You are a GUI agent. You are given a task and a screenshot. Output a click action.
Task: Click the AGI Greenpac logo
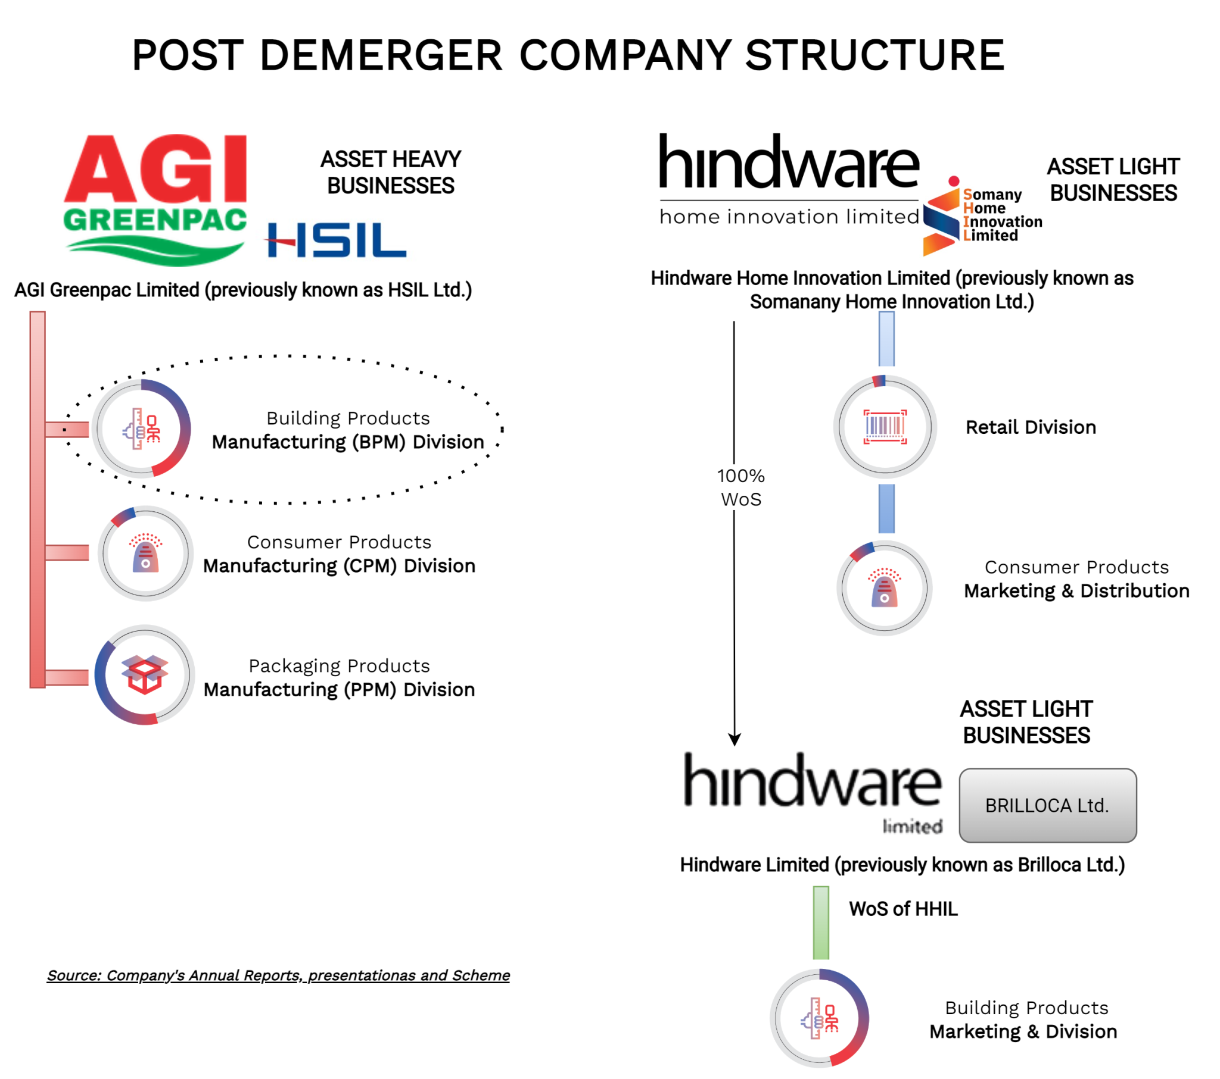155,199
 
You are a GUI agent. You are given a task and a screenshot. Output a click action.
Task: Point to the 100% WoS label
740,487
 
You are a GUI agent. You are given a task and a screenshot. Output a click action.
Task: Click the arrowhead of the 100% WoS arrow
735,740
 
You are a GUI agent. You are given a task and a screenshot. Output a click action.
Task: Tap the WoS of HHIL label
903,908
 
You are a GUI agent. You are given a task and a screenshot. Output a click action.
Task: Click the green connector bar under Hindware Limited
821,922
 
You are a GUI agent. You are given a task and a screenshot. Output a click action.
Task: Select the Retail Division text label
1031,427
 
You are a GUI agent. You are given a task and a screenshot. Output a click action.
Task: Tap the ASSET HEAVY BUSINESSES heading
391,173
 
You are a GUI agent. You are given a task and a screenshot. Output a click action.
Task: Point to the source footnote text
278,975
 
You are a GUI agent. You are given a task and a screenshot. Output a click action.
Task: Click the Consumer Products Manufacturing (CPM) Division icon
145,553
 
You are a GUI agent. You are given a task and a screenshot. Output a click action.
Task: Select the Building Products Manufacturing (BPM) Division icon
142,429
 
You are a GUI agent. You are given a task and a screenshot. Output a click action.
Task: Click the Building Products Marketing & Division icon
820,1018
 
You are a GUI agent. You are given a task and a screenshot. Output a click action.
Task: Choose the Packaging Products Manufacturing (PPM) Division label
339,678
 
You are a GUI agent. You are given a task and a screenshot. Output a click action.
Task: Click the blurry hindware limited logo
813,791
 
